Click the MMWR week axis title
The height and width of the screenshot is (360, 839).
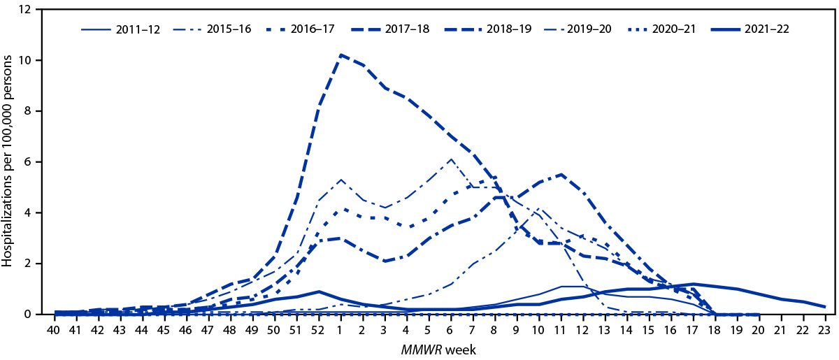[x=438, y=347]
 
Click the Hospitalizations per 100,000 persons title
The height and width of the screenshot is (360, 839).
[x=10, y=162]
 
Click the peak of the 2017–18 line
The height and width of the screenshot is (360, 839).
[x=340, y=55]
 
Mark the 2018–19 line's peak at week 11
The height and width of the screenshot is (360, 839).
[x=561, y=175]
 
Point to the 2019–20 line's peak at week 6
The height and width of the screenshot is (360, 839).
[x=450, y=159]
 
